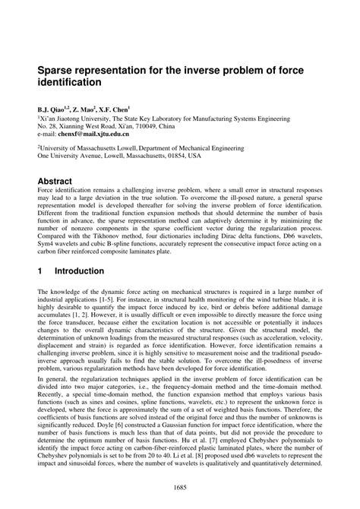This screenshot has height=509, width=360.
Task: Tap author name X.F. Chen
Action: tap(116, 109)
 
